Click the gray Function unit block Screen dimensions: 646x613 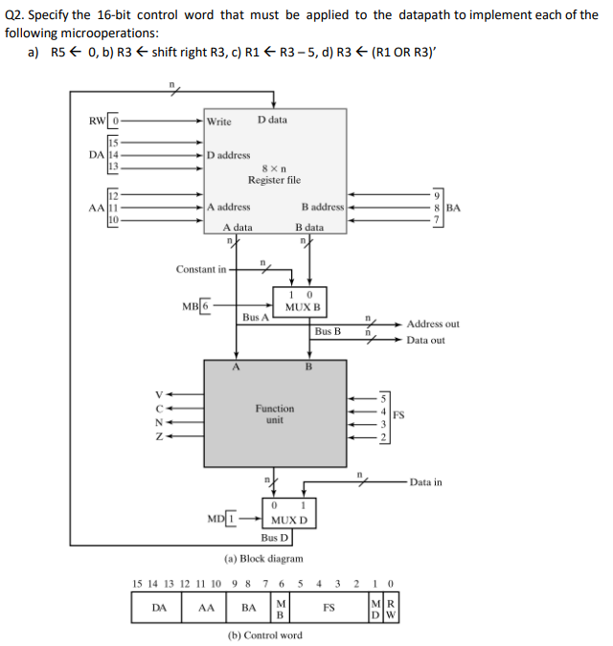(x=275, y=413)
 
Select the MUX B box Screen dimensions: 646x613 (x=303, y=301)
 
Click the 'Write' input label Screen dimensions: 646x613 (x=219, y=122)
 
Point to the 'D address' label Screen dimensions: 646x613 (x=229, y=154)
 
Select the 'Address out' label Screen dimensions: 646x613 (x=433, y=324)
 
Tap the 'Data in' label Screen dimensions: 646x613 (x=425, y=482)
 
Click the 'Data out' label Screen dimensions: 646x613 (x=425, y=340)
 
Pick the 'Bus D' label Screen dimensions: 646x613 (x=275, y=538)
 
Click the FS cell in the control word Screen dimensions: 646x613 (x=329, y=607)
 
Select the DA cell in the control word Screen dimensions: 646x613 (x=161, y=607)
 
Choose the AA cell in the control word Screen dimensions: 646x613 (x=206, y=607)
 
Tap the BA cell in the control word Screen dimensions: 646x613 (x=249, y=607)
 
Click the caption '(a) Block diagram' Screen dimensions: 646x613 (x=264, y=558)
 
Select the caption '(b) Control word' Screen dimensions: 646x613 (x=264, y=635)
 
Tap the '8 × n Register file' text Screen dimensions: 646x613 (x=274, y=174)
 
